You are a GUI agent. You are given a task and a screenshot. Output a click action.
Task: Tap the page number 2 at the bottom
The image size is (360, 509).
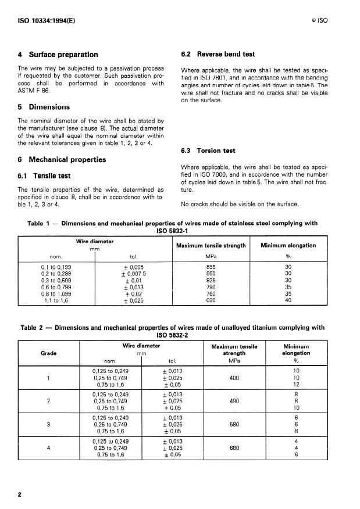[x=20, y=494]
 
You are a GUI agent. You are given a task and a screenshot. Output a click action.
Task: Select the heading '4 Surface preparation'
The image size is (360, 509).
[x=58, y=55]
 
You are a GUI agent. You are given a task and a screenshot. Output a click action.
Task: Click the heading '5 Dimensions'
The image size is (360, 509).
[x=44, y=107]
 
